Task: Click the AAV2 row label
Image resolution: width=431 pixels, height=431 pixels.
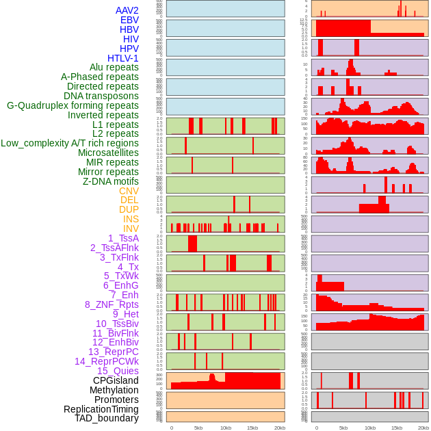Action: pyautogui.click(x=127, y=11)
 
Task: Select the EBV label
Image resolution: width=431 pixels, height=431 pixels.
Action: pyautogui.click(x=129, y=21)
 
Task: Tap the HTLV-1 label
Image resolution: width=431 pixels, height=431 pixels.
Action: pyautogui.click(x=123, y=58)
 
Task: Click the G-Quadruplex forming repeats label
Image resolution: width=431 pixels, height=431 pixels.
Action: pyautogui.click(x=73, y=105)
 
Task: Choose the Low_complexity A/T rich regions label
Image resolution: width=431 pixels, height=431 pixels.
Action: pyautogui.click(x=70, y=143)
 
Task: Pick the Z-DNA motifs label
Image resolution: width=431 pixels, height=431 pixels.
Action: pyautogui.click(x=111, y=181)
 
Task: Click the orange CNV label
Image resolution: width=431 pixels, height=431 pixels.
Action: pyautogui.click(x=129, y=191)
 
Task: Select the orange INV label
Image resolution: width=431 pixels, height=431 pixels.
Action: pyautogui.click(x=131, y=228)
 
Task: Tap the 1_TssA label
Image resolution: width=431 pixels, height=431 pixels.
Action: pyautogui.click(x=123, y=238)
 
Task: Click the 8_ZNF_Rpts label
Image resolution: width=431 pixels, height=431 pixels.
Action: pyautogui.click(x=112, y=304)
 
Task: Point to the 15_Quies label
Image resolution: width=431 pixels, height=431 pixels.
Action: pyautogui.click(x=118, y=371)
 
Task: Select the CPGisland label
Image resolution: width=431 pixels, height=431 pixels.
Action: pyautogui.click(x=116, y=380)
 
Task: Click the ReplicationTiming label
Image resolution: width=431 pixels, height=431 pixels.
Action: pyautogui.click(x=101, y=409)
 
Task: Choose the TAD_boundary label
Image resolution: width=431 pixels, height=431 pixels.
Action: pyautogui.click(x=107, y=418)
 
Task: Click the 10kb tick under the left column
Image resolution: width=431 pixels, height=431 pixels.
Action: pyautogui.click(x=226, y=428)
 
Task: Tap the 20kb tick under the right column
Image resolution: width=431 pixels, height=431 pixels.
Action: pyautogui.click(x=423, y=428)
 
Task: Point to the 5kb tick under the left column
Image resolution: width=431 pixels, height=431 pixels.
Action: pyautogui.click(x=198, y=428)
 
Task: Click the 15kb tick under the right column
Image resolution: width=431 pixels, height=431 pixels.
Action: pyautogui.click(x=397, y=428)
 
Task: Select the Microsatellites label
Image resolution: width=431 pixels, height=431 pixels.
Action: pyautogui.click(x=108, y=153)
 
